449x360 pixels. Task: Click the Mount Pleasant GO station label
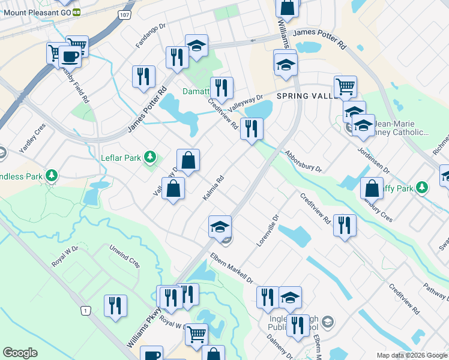pyautogui.click(x=35, y=11)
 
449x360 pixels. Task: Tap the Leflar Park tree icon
pyautogui.click(x=150, y=158)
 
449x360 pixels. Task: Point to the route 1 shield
pyautogui.click(x=86, y=310)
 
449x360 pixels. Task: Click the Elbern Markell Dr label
pyautogui.click(x=232, y=268)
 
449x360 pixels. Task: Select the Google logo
pyautogui.click(x=20, y=353)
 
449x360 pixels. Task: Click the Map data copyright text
pyautogui.click(x=412, y=355)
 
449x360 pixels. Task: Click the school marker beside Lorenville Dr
pyautogui.click(x=220, y=227)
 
